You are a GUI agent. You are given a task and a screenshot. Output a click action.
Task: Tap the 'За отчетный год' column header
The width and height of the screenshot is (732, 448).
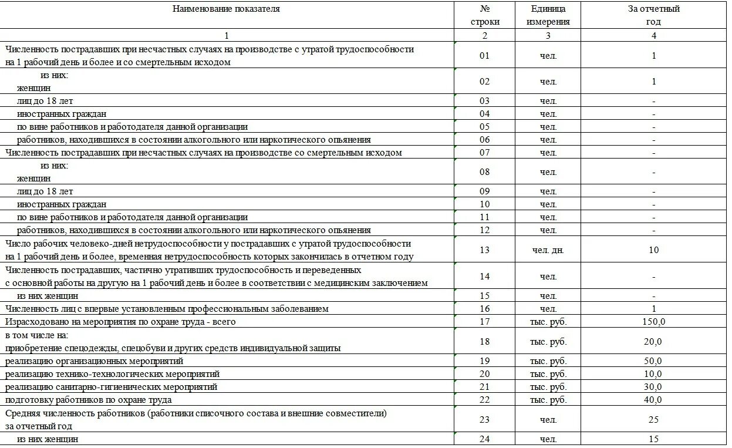point(653,16)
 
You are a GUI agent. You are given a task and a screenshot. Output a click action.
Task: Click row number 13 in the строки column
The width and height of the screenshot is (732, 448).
point(484,250)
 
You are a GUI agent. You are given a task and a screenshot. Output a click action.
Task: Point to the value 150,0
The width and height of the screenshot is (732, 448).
point(653,322)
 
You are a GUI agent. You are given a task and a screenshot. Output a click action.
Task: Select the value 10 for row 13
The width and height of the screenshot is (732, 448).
point(653,250)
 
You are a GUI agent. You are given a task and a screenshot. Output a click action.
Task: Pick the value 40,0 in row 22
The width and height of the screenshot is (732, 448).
point(653,400)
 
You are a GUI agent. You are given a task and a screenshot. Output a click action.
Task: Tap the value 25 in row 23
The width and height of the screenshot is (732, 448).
point(653,420)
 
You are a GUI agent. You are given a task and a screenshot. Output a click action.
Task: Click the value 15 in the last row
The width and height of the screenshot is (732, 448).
point(653,439)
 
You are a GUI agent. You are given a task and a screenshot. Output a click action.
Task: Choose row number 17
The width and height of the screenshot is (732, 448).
point(484,322)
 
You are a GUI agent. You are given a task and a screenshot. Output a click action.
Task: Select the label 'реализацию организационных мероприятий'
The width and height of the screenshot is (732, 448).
point(95,361)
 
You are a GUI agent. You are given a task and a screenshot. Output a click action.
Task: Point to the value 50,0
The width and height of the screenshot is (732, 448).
point(653,361)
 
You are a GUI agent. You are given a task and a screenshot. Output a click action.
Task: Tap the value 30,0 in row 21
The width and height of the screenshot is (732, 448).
point(653,387)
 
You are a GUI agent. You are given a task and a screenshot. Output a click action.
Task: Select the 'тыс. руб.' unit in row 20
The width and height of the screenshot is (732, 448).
point(548,374)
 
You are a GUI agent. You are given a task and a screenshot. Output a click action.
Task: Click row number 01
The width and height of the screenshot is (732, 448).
point(484,56)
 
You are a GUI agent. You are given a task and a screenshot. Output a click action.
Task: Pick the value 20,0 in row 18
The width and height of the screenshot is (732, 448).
point(653,342)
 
